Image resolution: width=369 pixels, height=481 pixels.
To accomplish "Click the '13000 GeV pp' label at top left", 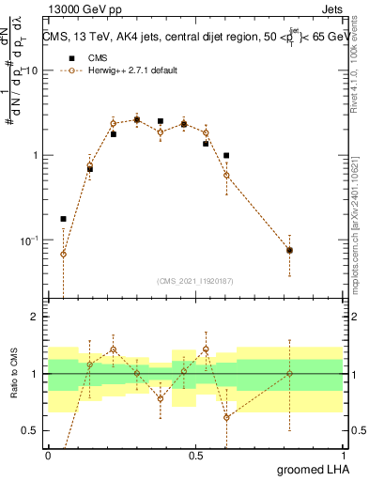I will (82, 10).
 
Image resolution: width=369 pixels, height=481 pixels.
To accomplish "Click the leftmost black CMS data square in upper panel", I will (63, 219).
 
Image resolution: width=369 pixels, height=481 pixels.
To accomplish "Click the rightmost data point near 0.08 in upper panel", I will (289, 250).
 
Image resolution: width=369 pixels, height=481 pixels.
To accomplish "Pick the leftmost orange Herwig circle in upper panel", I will (63, 254).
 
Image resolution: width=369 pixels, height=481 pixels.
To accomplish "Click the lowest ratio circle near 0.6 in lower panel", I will (226, 417).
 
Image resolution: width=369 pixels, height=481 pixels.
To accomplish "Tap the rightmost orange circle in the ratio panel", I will (289, 374).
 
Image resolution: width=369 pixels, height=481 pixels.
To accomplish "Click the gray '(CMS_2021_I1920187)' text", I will (195, 280).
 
